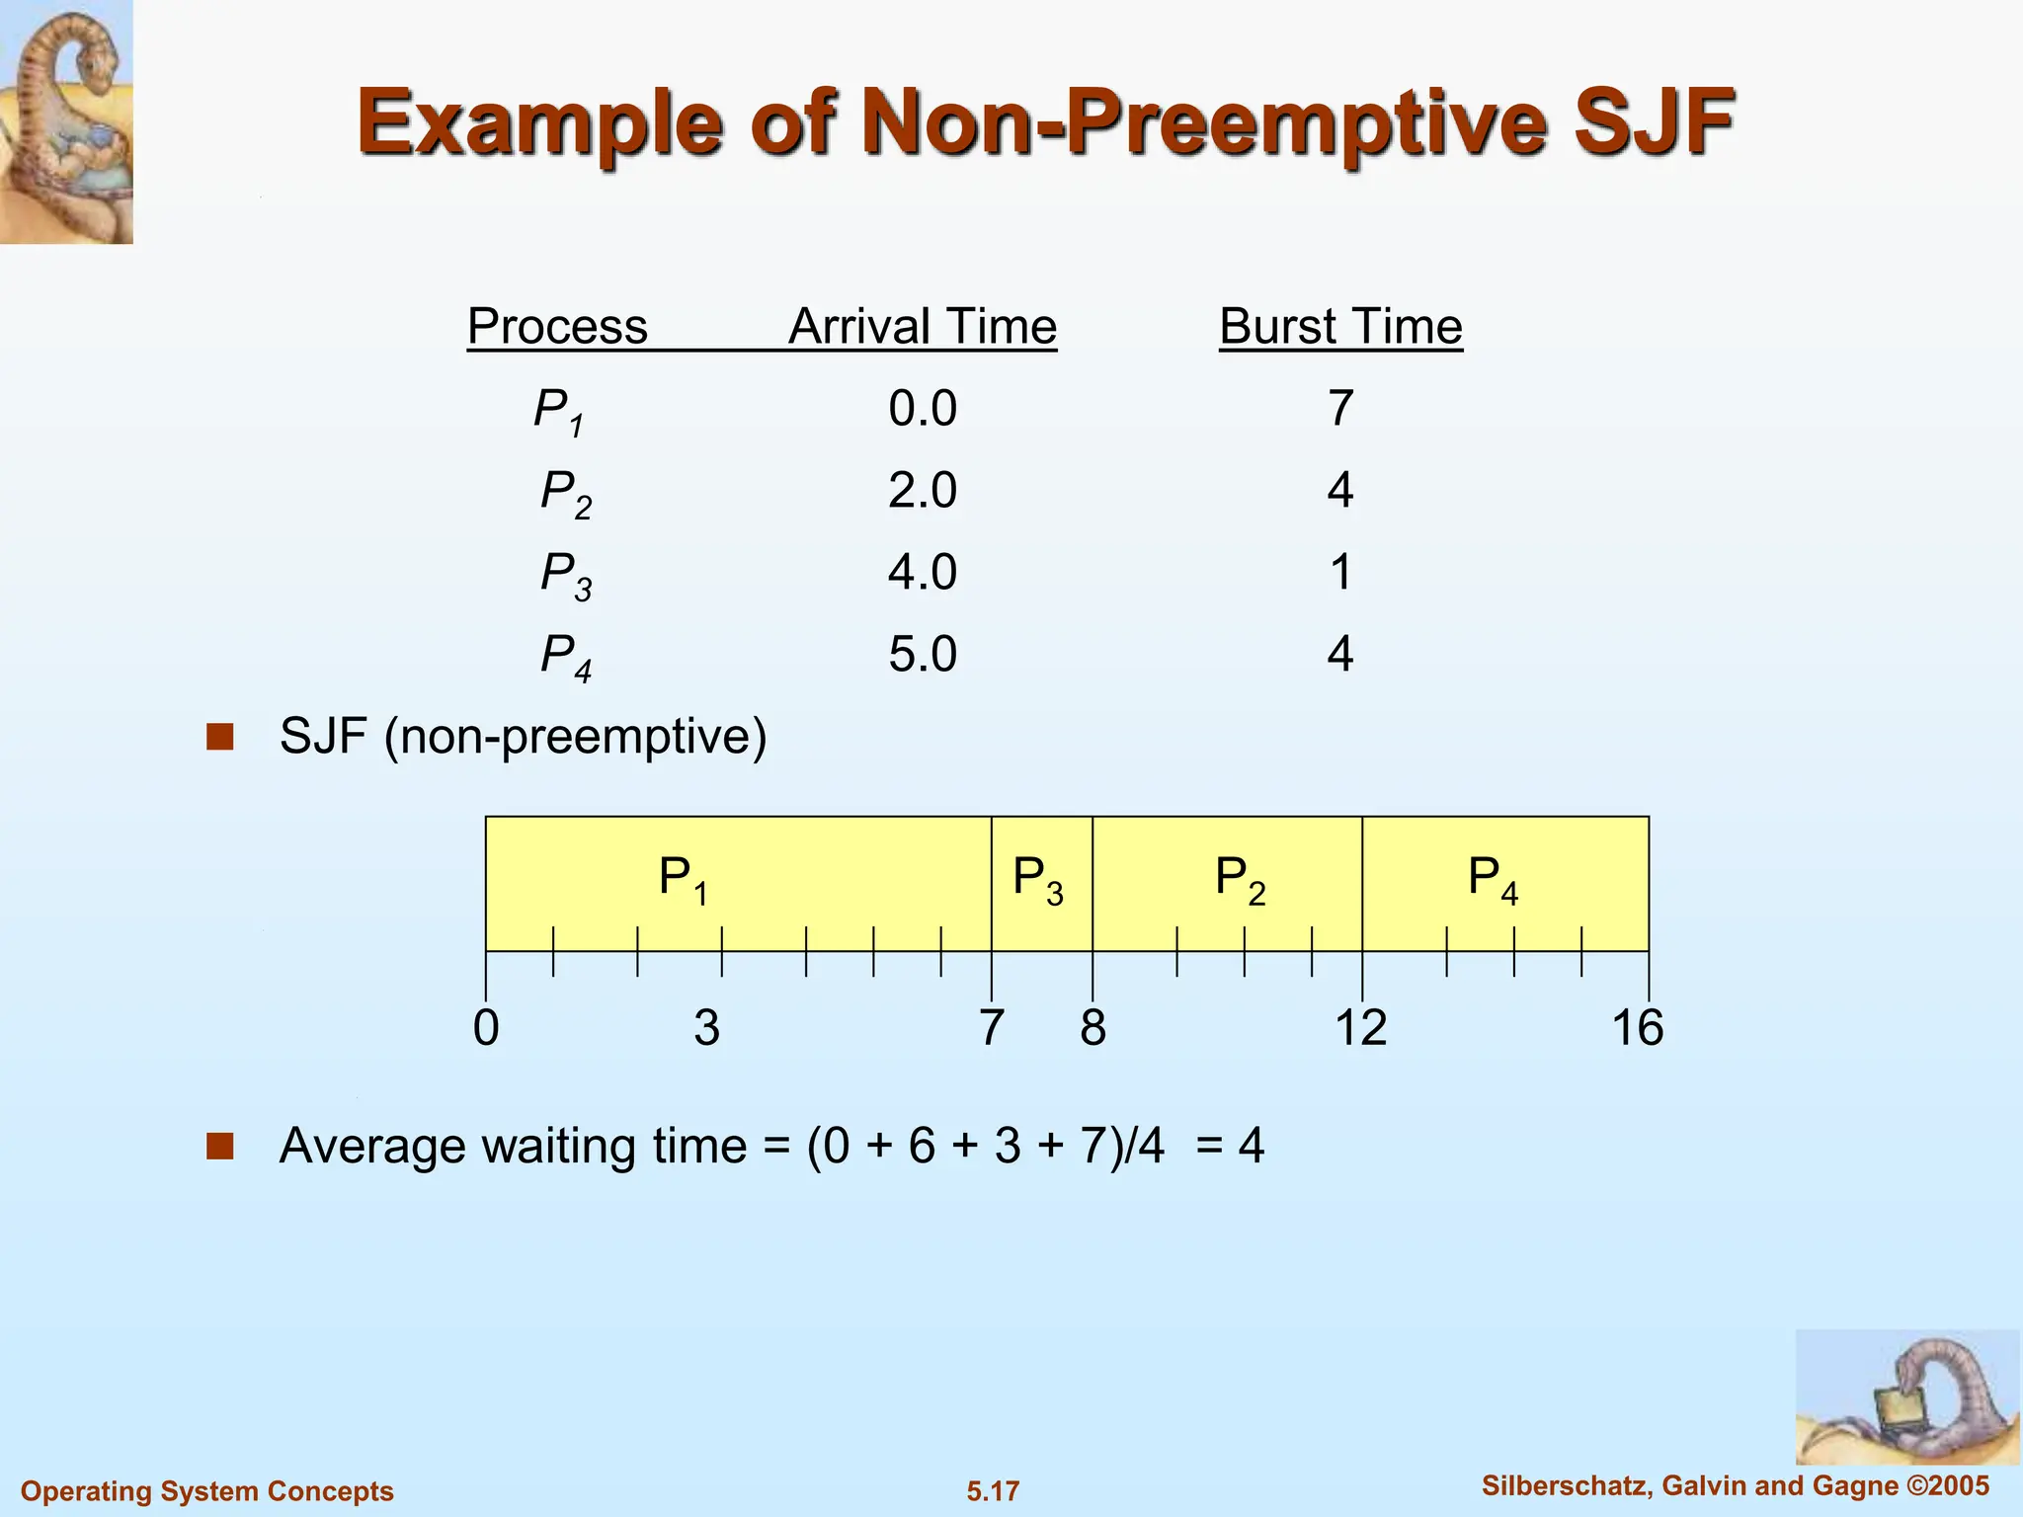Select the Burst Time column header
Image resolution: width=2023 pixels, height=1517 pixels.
[x=1340, y=327]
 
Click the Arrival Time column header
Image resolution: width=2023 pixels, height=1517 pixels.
[x=923, y=327]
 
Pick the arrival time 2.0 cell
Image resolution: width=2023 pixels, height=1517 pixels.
[x=923, y=491]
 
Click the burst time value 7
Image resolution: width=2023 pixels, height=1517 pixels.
[x=1340, y=409]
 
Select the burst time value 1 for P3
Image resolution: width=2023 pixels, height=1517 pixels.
[x=1340, y=573]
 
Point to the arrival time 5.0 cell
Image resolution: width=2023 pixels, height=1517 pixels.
[x=923, y=655]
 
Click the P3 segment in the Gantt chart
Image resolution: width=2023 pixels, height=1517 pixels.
[x=1040, y=881]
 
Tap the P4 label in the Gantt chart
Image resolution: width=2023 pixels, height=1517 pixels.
[x=1493, y=879]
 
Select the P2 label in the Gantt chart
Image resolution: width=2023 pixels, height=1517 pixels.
[x=1240, y=879]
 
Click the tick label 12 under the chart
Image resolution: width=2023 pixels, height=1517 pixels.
[x=1361, y=1028]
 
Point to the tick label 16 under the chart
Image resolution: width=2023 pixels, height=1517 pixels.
[x=1637, y=1028]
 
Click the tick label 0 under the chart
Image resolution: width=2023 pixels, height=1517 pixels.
[x=486, y=1028]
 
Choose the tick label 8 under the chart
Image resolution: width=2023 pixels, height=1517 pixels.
[x=1092, y=1028]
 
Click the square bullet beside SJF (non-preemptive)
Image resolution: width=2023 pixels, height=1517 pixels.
[x=219, y=737]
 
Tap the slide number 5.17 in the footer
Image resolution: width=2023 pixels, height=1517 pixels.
[x=993, y=1491]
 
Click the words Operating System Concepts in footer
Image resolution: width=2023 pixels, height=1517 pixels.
[x=207, y=1491]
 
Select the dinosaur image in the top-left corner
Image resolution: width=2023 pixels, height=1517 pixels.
[x=66, y=121]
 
